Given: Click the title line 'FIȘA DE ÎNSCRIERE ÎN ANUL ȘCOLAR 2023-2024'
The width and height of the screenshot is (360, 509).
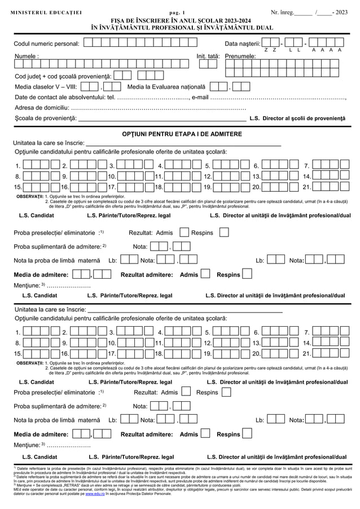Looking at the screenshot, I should tap(180, 20).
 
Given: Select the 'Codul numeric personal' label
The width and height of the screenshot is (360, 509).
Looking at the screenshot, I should tap(46, 43).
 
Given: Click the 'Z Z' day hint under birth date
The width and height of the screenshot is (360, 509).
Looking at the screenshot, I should tap(270, 50).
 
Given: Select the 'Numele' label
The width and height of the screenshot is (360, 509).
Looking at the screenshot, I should tap(27, 56).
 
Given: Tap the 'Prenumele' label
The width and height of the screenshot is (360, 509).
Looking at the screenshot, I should tap(240, 56).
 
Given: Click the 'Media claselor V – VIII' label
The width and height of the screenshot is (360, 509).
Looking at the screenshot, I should tap(46, 87).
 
